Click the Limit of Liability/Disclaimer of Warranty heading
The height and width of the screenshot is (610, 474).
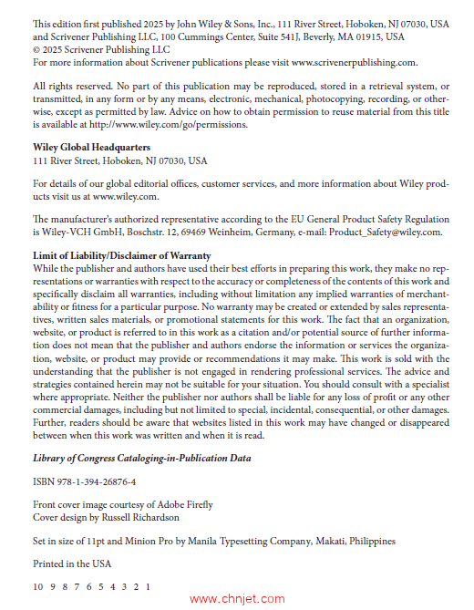pos(122,255)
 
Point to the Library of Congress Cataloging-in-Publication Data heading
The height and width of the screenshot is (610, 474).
pos(142,458)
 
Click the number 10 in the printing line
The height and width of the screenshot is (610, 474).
pos(38,586)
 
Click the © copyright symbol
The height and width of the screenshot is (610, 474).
pos(36,50)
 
